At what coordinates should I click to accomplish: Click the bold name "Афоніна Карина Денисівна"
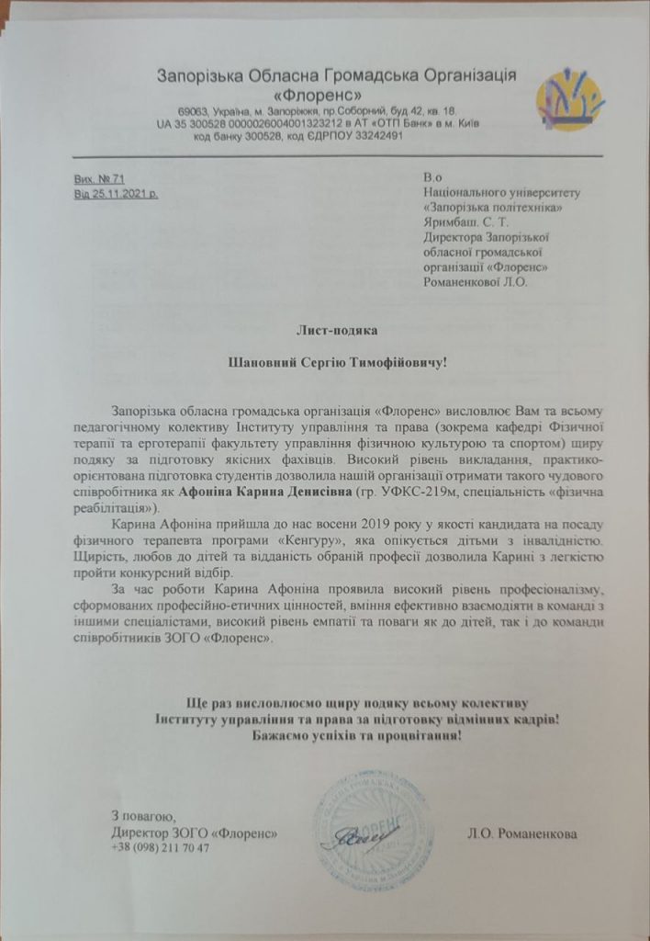tap(266, 492)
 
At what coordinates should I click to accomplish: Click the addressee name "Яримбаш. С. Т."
tap(468, 221)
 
